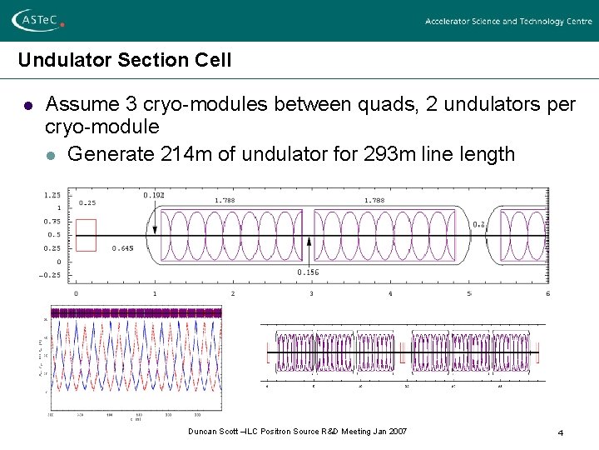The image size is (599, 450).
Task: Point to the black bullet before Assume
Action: (27, 106)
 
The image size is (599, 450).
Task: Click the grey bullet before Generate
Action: (52, 155)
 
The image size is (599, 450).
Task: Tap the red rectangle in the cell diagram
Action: (86, 235)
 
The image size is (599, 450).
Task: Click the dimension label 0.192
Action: (154, 195)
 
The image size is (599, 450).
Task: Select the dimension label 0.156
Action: (308, 272)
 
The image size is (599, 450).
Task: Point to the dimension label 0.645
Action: (122, 248)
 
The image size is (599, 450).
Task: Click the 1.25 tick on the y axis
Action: (52, 195)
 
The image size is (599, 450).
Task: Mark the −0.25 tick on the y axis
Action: (50, 275)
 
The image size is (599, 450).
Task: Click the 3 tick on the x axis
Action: (311, 293)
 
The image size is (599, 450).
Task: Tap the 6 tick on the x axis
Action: (547, 293)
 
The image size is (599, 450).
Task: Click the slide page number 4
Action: (561, 432)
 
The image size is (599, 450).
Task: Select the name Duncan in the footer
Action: (201, 432)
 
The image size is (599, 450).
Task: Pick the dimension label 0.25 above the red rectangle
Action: (87, 202)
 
